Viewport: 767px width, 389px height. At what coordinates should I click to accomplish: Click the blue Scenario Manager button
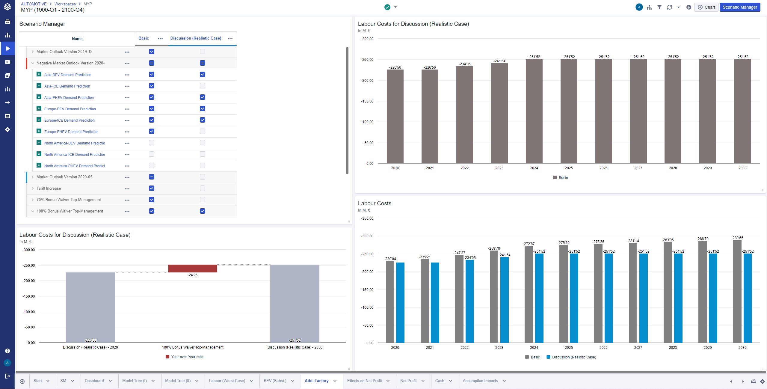pos(739,7)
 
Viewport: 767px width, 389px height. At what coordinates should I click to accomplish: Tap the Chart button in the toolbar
pos(706,7)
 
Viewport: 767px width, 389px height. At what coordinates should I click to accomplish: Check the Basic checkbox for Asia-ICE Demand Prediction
pos(152,86)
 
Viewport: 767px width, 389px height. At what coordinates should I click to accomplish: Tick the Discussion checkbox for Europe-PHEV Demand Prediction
pos(203,132)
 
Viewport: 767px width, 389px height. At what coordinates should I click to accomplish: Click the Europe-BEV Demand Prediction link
pos(70,109)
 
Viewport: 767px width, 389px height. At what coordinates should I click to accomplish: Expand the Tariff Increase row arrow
pos(33,189)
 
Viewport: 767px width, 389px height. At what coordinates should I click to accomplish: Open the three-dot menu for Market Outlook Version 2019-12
pos(127,52)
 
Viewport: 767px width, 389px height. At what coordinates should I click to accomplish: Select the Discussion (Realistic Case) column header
pos(196,38)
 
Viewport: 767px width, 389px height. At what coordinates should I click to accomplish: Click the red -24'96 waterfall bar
pos(192,269)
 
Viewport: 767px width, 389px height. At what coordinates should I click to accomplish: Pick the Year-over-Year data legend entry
pos(185,357)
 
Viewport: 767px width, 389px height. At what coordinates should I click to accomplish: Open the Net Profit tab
pos(408,381)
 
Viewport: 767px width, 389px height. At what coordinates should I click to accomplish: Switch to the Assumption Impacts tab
pos(480,381)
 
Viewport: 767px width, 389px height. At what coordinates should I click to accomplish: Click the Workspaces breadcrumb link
pos(65,4)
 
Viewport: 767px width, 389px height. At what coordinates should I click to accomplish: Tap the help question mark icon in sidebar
pos(7,351)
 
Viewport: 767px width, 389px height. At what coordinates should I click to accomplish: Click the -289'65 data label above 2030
pos(737,238)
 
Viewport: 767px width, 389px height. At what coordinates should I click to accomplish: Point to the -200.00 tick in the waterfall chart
pos(29,281)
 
